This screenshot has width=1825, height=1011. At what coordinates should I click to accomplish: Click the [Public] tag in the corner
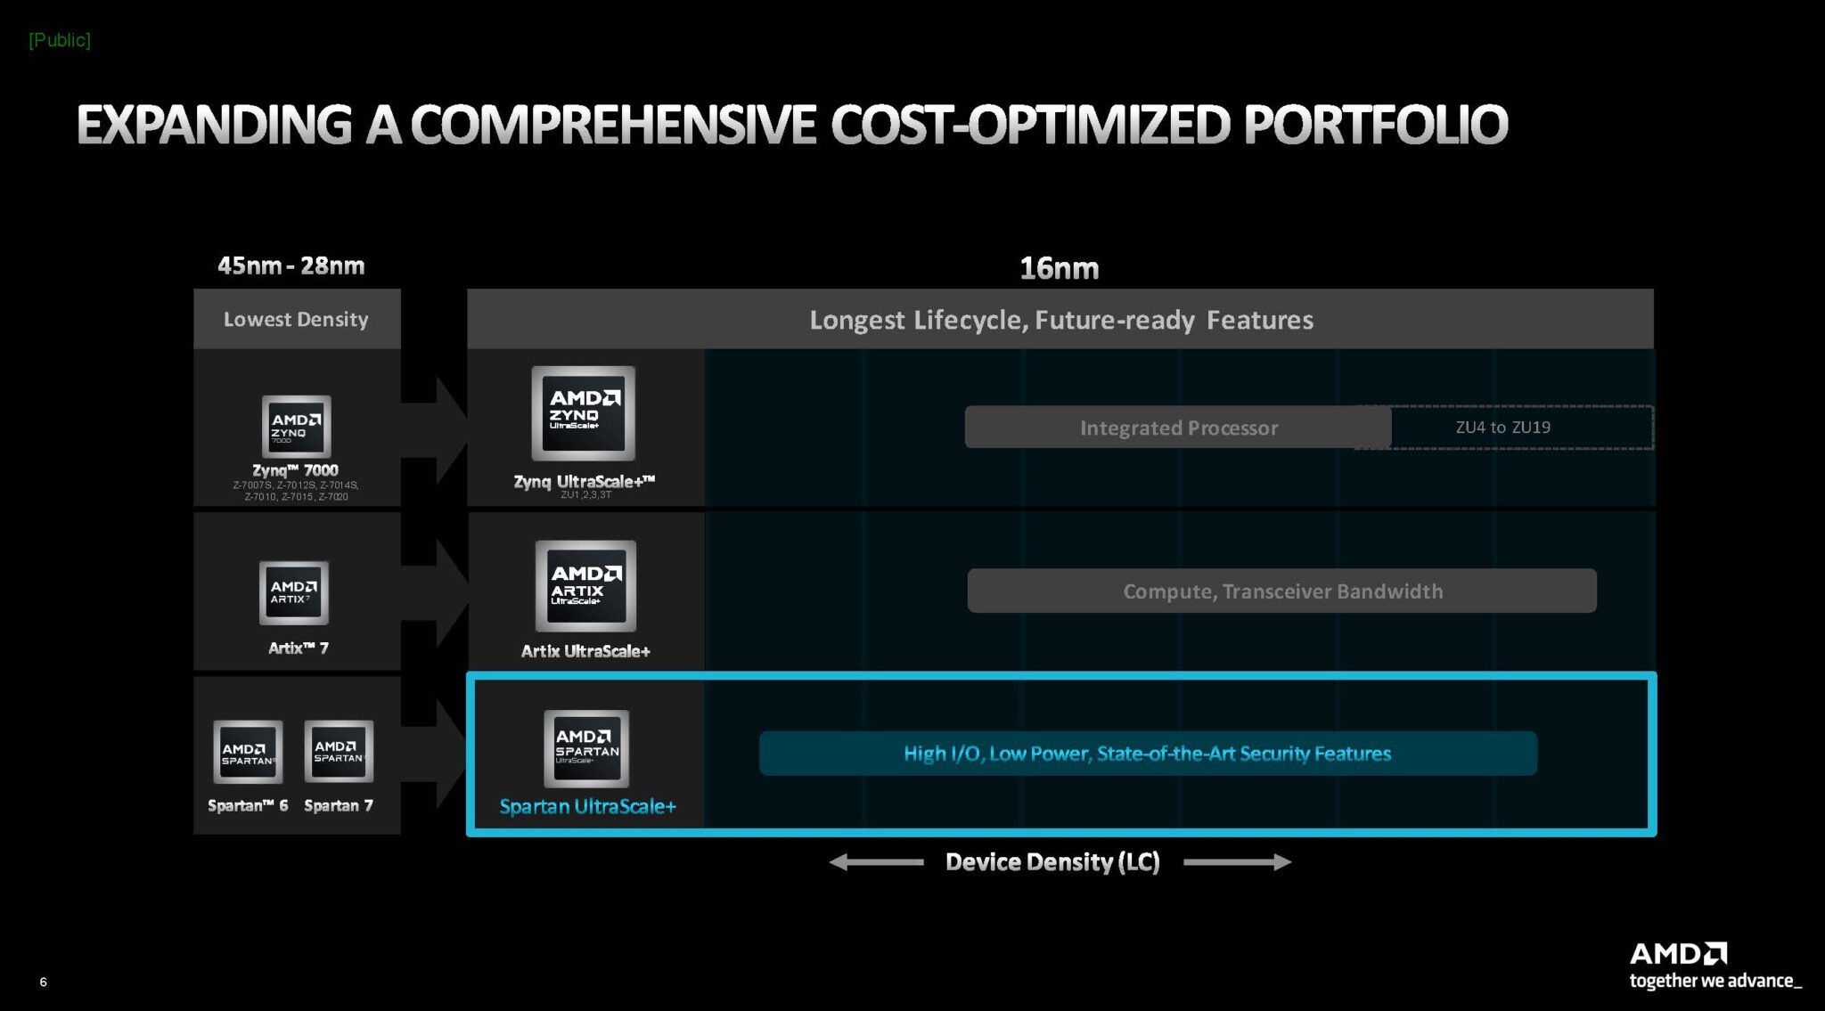(59, 40)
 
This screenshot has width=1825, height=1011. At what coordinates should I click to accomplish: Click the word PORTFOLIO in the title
(1375, 125)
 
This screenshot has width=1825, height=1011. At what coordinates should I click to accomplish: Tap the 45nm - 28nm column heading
(291, 265)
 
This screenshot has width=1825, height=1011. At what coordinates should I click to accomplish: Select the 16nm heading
(1059, 268)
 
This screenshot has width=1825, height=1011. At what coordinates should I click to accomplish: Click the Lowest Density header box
(297, 319)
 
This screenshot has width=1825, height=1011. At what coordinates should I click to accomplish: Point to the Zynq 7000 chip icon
(296, 427)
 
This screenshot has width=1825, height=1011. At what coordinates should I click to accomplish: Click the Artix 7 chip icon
(294, 592)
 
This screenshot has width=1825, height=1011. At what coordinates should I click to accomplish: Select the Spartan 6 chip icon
(248, 752)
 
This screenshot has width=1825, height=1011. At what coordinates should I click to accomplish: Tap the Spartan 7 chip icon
(339, 751)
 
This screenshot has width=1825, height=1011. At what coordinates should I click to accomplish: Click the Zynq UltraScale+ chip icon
(584, 412)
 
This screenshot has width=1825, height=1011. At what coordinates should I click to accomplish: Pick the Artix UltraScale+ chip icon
(585, 585)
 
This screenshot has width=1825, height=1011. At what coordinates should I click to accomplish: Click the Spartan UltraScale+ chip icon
(586, 748)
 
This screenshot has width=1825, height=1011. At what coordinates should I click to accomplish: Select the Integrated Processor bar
(1178, 428)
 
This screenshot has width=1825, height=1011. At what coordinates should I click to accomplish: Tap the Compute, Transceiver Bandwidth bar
(1281, 591)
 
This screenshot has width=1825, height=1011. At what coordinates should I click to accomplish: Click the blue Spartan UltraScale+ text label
(587, 806)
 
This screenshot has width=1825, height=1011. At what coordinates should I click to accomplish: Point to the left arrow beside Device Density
(876, 861)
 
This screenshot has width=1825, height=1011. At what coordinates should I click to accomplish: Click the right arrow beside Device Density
(1237, 861)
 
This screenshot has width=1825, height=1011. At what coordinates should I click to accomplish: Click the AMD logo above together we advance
(1678, 954)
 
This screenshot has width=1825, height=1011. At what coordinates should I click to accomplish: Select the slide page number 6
(43, 982)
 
